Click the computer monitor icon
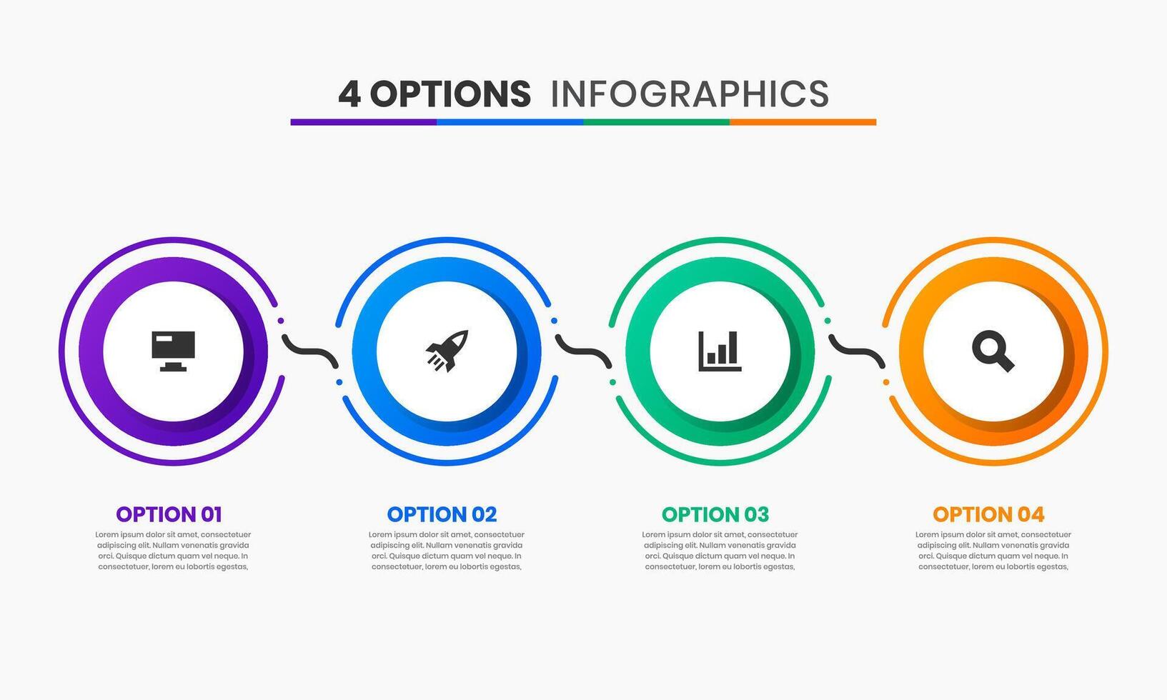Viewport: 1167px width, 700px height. click(173, 351)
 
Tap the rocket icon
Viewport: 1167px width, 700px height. click(447, 351)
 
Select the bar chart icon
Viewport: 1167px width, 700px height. click(720, 351)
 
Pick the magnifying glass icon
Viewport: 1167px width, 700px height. click(993, 351)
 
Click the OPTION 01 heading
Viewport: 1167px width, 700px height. click(169, 514)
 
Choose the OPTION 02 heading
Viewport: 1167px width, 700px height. click(442, 514)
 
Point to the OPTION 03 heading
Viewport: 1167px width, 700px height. click(715, 514)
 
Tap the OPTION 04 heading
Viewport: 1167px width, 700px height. click(988, 514)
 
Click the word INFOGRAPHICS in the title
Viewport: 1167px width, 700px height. click(690, 94)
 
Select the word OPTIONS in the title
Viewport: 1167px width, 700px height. click(450, 94)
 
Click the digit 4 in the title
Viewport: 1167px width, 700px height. click(349, 94)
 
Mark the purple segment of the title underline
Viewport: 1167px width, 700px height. click(364, 122)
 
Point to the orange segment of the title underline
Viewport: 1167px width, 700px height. click(803, 122)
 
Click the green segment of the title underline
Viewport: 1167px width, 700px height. click(657, 122)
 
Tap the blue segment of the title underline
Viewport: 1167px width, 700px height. click(510, 122)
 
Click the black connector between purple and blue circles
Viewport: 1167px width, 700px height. click(310, 351)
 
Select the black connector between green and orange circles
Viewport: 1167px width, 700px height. click(857, 351)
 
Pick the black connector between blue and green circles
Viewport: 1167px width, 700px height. click(583, 351)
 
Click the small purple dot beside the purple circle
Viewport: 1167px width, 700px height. click(281, 321)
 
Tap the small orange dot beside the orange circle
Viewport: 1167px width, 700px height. click(886, 382)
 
